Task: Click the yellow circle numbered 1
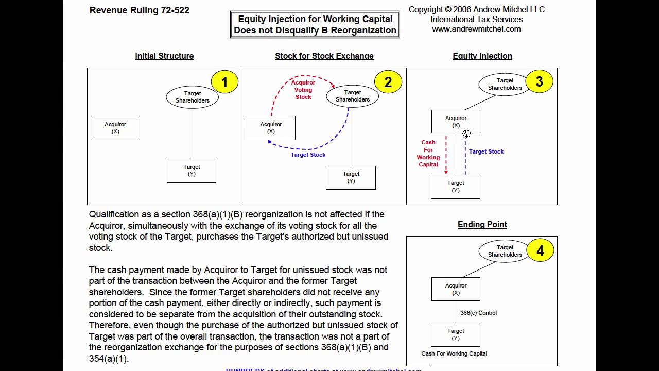tap(224, 82)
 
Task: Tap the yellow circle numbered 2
tap(388, 82)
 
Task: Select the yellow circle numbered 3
tap(539, 81)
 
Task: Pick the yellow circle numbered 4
tap(540, 250)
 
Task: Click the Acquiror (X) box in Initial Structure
tap(115, 128)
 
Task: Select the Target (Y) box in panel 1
tap(192, 171)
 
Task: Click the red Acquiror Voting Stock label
tap(303, 90)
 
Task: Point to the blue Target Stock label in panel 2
tap(308, 155)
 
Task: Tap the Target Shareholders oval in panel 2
tap(353, 96)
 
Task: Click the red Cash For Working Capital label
tap(428, 154)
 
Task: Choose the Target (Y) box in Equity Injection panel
tap(456, 187)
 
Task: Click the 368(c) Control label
tap(479, 313)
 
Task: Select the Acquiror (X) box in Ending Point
tap(456, 289)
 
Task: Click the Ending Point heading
tap(482, 224)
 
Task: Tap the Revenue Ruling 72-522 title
tap(140, 10)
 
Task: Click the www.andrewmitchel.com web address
tap(476, 29)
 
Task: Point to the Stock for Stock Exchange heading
tap(324, 56)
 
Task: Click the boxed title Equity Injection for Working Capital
tap(315, 24)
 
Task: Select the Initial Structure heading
tap(164, 56)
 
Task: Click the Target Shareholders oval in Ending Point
tap(505, 251)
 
